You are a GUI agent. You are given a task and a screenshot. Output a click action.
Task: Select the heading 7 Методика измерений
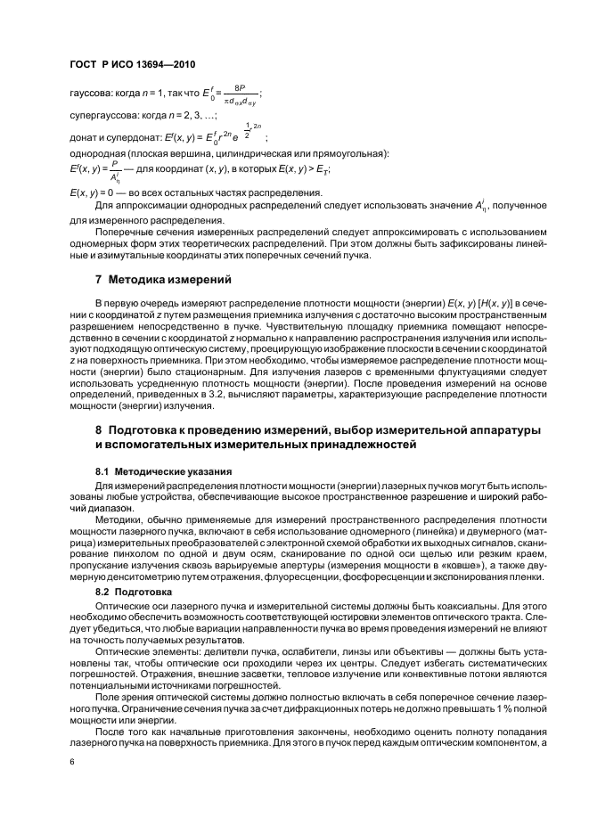157,280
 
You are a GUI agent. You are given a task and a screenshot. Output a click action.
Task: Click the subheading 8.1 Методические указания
151,470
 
